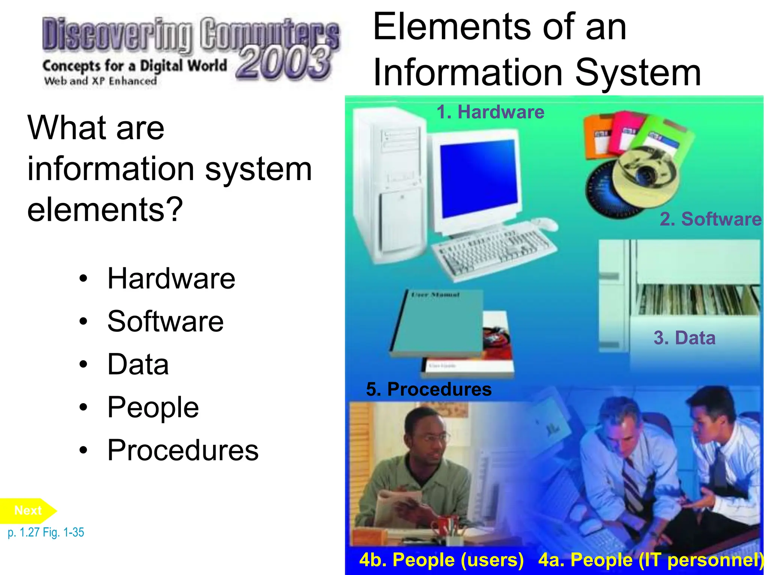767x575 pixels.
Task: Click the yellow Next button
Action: (28, 511)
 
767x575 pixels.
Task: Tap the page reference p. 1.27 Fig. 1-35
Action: (46, 532)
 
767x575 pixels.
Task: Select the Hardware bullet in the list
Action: (171, 279)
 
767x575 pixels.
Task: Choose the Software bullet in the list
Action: (165, 321)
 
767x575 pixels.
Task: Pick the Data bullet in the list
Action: (138, 364)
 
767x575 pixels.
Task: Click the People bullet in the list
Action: (153, 407)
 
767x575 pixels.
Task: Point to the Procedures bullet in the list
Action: (183, 450)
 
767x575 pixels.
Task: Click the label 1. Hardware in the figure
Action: (490, 112)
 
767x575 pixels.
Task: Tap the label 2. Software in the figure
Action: (710, 219)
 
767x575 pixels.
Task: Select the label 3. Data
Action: (684, 338)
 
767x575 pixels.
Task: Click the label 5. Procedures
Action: (429, 389)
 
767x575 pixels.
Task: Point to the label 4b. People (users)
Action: (441, 560)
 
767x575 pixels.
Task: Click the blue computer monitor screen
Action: (479, 178)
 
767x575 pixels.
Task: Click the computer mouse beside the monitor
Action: (545, 224)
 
